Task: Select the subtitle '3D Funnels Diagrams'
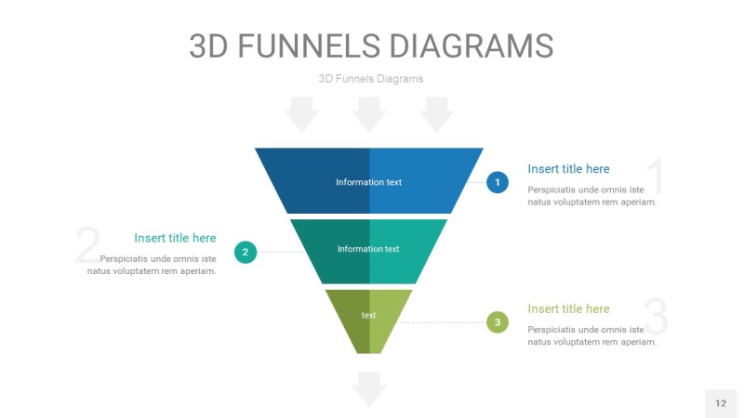click(370, 79)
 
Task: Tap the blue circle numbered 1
click(498, 183)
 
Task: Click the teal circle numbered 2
click(246, 252)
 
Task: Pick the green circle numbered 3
click(498, 323)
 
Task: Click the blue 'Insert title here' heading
click(568, 169)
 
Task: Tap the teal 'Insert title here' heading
click(175, 239)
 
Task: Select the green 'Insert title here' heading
click(568, 309)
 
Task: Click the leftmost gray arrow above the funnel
click(301, 114)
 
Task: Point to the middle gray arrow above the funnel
click(369, 114)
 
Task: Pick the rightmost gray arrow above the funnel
click(436, 114)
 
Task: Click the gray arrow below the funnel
click(369, 388)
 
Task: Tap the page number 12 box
click(721, 403)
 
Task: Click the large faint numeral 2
click(87, 247)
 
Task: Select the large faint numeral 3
click(656, 317)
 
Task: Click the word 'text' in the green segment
click(369, 316)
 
